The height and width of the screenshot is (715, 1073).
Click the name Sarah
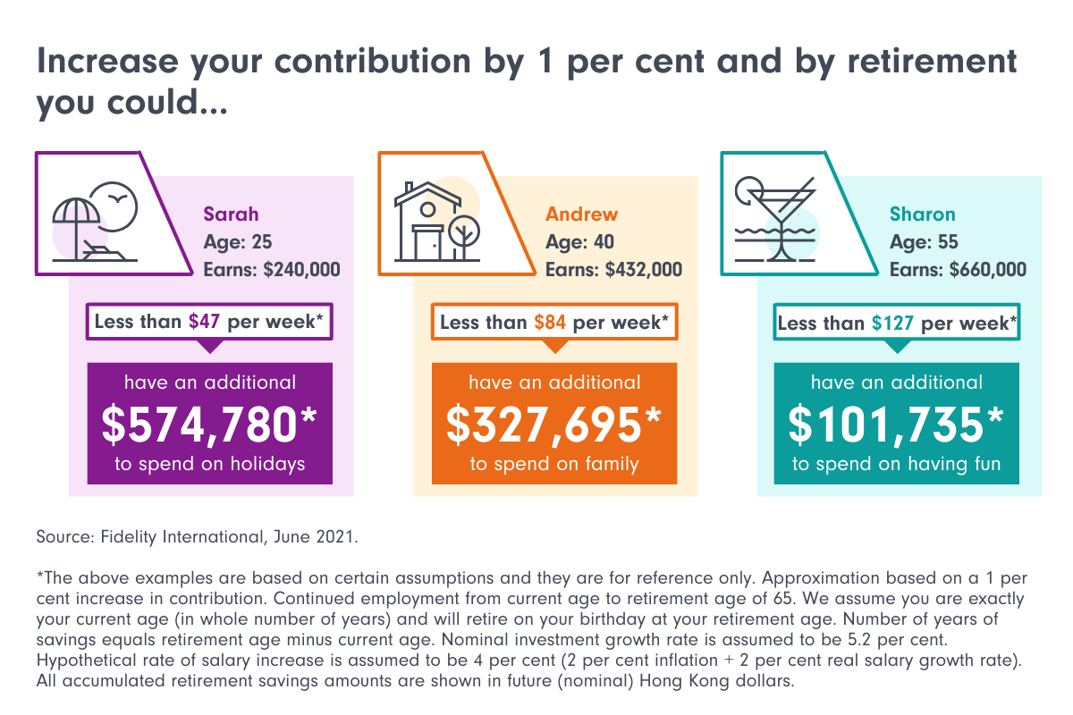[231, 214]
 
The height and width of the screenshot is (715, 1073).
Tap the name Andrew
[581, 214]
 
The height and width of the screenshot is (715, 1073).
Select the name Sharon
[922, 214]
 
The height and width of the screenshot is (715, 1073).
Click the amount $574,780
[209, 425]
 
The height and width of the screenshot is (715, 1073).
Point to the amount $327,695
[553, 425]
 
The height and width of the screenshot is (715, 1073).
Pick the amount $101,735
[896, 425]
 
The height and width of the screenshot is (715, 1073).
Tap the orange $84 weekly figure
[550, 322]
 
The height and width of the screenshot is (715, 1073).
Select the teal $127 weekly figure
[892, 323]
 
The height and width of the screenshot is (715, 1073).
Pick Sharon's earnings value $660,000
[983, 270]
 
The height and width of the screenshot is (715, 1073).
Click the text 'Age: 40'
[580, 242]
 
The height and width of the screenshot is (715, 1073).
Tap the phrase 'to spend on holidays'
[209, 464]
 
